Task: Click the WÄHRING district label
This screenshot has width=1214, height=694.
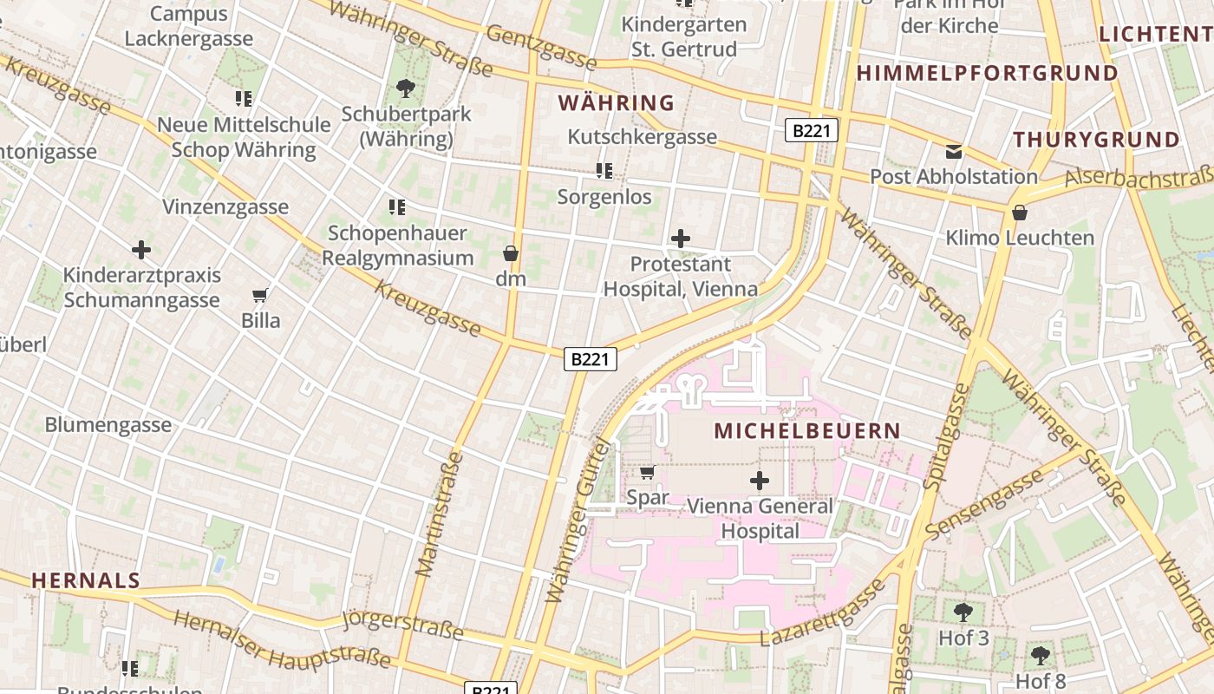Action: click(616, 103)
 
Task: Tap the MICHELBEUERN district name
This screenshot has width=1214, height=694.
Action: click(807, 430)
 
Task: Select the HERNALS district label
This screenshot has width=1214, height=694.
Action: click(86, 580)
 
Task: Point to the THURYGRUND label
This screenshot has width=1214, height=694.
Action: click(1096, 140)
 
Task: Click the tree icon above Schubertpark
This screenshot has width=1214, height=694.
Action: click(405, 88)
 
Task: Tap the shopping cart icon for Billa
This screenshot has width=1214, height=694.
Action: click(260, 295)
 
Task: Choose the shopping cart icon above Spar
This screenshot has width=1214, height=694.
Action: click(647, 473)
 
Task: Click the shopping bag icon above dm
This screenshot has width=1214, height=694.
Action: click(511, 253)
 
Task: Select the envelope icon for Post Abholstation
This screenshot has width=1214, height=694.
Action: click(954, 152)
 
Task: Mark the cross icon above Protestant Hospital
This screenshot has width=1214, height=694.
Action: click(681, 239)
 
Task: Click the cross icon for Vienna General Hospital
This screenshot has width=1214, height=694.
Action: click(760, 481)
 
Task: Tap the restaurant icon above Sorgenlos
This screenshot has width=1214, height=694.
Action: click(604, 171)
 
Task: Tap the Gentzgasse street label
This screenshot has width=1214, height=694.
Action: click(542, 48)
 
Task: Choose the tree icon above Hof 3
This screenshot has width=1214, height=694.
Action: click(963, 612)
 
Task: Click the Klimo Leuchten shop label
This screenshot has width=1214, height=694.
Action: click(1020, 238)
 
